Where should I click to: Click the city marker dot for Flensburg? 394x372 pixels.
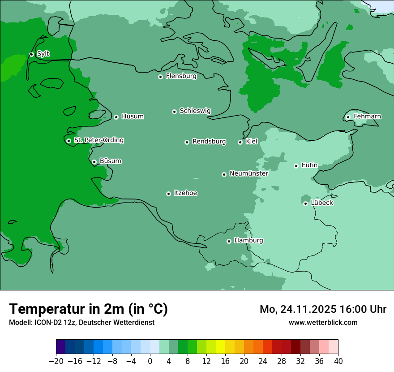[x=160, y=77]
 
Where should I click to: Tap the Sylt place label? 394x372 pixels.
[x=43, y=54]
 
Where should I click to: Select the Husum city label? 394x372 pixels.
[x=133, y=117]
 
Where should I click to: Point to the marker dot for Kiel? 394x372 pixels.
[x=240, y=142]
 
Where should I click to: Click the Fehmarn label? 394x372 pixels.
[x=367, y=117]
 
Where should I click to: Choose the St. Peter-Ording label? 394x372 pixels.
[x=98, y=140]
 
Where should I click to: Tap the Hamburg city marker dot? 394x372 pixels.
[x=229, y=241]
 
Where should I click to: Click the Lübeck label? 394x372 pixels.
[x=321, y=203]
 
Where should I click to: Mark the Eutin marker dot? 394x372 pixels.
[x=296, y=166]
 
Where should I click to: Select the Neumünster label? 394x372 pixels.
[x=248, y=173]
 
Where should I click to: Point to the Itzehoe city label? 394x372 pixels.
[x=185, y=193]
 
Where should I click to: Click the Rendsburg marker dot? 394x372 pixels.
[x=187, y=142]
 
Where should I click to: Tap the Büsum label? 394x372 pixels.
[x=110, y=161]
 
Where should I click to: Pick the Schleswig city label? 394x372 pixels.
[x=195, y=111]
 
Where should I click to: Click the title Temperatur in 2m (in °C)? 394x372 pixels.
[x=89, y=309]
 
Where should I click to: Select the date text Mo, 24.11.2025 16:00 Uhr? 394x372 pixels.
[x=323, y=309]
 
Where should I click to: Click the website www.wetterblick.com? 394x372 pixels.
[x=323, y=322]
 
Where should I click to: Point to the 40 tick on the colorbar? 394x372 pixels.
[x=338, y=361]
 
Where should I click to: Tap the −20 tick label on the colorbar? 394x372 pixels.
[x=56, y=361]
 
